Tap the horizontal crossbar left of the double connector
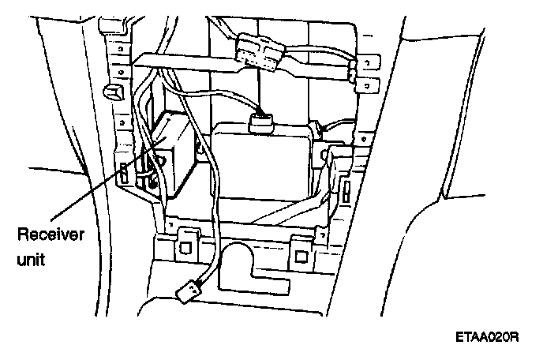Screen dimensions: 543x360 [182, 58]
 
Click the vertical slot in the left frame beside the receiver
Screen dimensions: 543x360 [124, 173]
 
